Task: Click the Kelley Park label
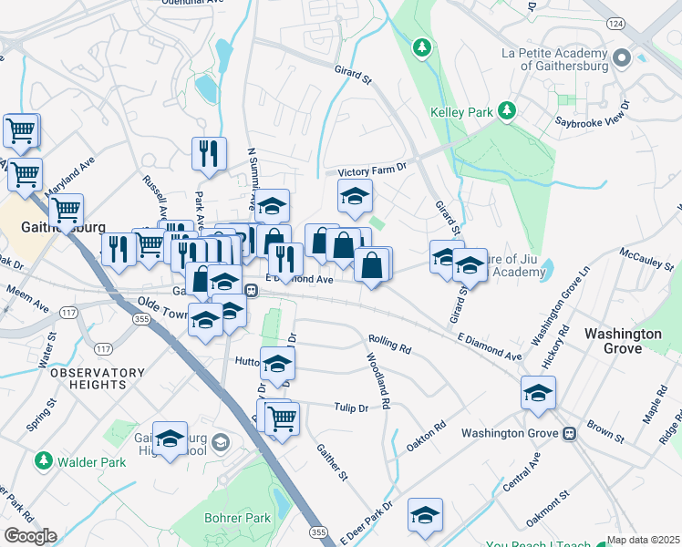[460, 113]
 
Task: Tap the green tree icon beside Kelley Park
[506, 111]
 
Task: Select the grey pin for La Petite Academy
[623, 59]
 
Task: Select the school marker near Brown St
[538, 394]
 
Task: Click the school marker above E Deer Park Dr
[425, 516]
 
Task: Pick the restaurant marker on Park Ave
[209, 153]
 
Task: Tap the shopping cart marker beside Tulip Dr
[283, 419]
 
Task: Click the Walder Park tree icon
[43, 461]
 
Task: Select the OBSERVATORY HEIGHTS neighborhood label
[98, 378]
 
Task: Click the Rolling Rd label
[390, 345]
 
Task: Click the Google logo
[30, 536]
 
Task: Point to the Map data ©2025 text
[643, 541]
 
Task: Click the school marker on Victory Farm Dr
[356, 195]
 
